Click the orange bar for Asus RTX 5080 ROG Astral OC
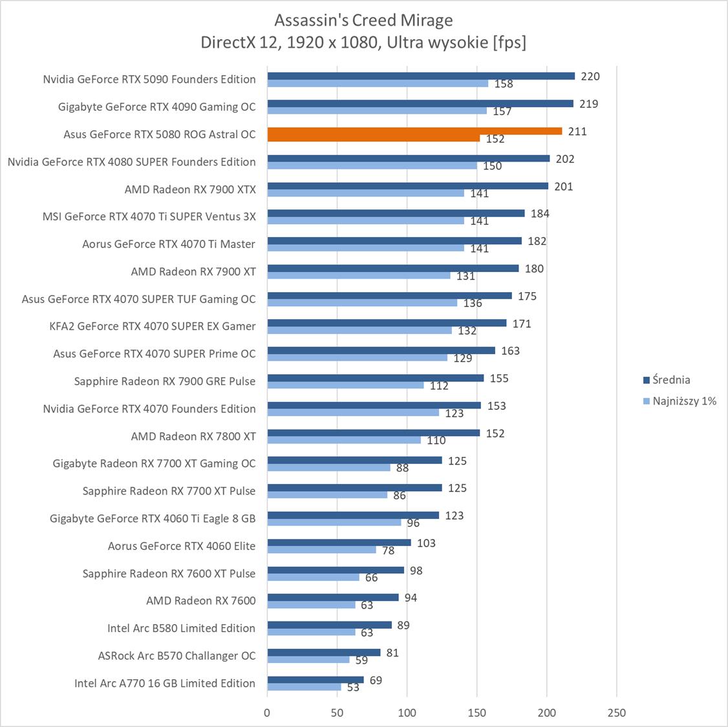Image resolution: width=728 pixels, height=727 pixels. click(414, 131)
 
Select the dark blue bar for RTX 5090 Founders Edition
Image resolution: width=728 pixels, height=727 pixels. click(420, 76)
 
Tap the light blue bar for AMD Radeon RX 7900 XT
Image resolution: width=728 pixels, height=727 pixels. click(359, 275)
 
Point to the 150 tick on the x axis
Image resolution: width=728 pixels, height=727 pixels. click(477, 713)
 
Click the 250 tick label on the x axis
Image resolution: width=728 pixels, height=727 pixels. click(617, 713)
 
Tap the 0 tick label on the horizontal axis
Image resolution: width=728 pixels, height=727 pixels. click(268, 713)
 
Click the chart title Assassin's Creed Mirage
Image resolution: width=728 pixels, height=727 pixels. click(363, 20)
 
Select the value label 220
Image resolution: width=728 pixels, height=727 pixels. click(590, 76)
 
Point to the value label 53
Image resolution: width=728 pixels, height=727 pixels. click(353, 688)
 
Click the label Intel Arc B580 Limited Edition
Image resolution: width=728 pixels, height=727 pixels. click(181, 628)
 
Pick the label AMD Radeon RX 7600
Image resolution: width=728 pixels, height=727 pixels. click(200, 600)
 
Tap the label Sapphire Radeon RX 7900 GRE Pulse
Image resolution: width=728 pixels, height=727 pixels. click(165, 381)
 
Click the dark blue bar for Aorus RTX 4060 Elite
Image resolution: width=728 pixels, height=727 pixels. click(339, 543)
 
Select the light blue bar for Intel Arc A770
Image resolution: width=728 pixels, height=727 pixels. click(304, 687)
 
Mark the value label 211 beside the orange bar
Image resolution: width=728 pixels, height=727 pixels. click(577, 131)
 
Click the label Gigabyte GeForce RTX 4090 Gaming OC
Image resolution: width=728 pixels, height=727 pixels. click(156, 107)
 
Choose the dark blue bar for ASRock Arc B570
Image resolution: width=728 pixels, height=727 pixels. click(323, 653)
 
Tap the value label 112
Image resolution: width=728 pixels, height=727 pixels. click(439, 386)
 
